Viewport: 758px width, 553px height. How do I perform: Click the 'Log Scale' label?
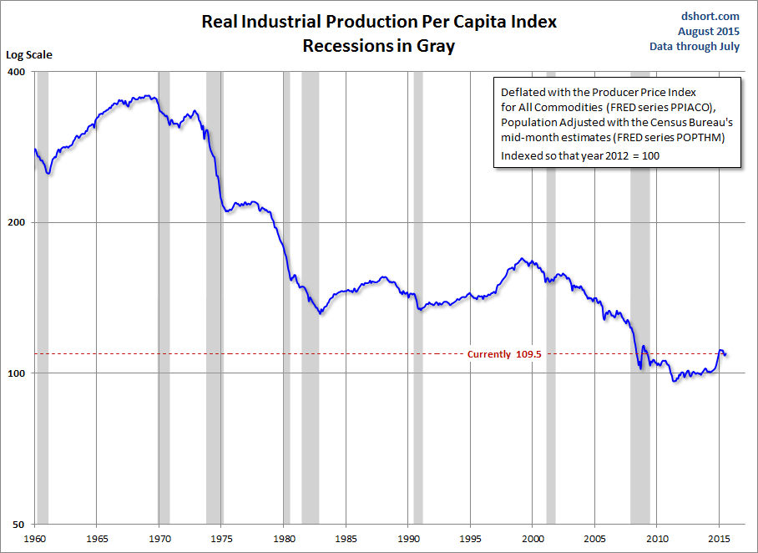[29, 55]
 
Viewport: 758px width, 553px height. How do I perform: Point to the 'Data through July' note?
[695, 47]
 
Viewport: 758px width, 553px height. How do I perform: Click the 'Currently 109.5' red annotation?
[504, 354]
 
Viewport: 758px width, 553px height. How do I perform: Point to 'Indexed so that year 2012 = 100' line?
[580, 155]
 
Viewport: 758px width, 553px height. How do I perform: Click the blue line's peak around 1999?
[522, 259]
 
